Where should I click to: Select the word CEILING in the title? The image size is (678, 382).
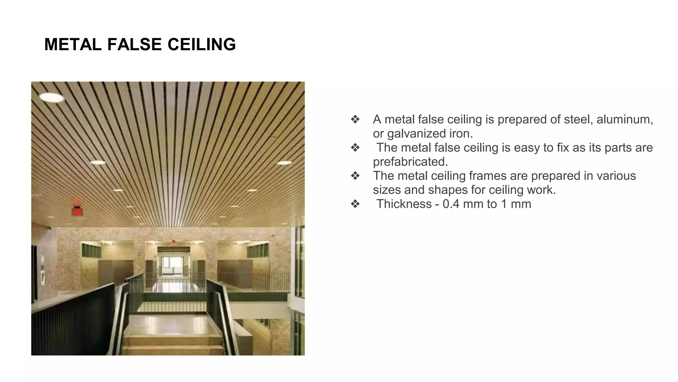pyautogui.click(x=202, y=44)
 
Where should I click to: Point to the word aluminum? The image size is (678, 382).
pyautogui.click(x=624, y=119)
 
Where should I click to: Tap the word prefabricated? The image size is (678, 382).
pyautogui.click(x=410, y=161)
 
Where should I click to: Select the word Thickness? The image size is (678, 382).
pyautogui.click(x=404, y=204)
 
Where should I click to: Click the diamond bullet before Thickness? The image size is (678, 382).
pyautogui.click(x=355, y=204)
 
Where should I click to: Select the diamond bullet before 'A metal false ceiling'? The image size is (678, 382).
pyautogui.click(x=355, y=119)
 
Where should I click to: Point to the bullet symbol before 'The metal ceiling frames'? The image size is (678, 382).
pyautogui.click(x=355, y=175)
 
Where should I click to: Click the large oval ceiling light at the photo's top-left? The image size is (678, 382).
pyautogui.click(x=52, y=97)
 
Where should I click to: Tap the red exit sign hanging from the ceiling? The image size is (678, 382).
pyautogui.click(x=77, y=211)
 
